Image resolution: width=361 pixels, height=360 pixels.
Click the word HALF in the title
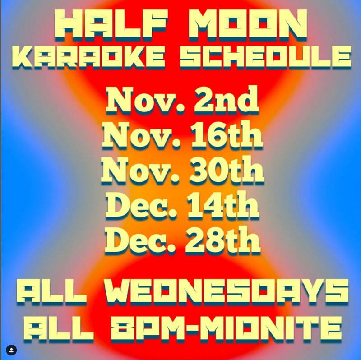[x=111, y=25]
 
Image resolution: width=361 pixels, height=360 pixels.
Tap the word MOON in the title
[x=248, y=25]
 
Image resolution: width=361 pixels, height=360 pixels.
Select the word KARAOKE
[x=88, y=57]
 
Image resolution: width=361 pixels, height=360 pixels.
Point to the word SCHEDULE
[x=266, y=57]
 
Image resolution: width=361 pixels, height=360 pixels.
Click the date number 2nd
[x=227, y=100]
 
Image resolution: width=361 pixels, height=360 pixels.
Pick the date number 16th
[x=227, y=134]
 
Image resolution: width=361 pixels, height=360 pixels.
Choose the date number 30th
[x=227, y=170]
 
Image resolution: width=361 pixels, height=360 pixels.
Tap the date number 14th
[x=223, y=204]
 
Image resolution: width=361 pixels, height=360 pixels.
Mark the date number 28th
[x=223, y=240]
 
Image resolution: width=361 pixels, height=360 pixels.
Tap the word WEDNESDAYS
[x=227, y=292]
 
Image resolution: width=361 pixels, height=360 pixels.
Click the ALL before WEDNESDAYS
[x=51, y=292]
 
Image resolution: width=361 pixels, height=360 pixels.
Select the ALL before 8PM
[x=59, y=328]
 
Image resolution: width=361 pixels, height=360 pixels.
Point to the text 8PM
[x=148, y=328]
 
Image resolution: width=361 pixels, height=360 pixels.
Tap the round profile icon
[x=11, y=351]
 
